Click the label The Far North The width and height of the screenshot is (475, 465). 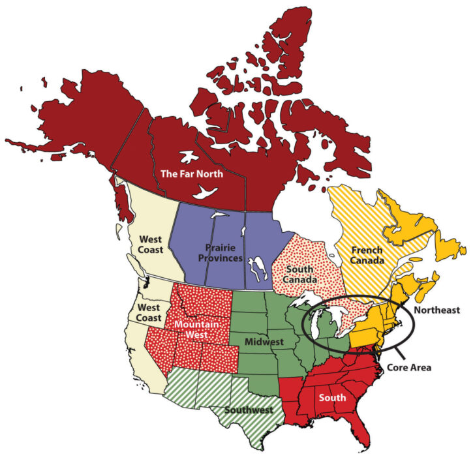click(x=192, y=173)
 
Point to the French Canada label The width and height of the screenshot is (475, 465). click(x=367, y=255)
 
